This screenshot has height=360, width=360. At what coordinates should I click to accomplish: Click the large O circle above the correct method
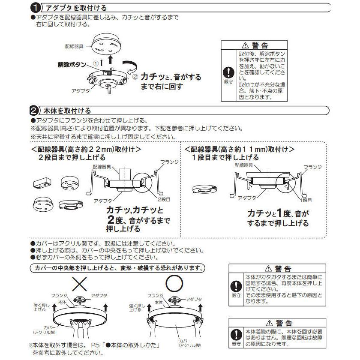click(174, 283)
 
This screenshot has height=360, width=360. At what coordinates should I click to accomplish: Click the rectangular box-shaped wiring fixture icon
click(42, 183)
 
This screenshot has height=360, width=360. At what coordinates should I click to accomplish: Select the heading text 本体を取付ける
click(66, 111)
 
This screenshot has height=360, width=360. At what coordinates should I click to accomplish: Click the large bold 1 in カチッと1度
click(279, 213)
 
